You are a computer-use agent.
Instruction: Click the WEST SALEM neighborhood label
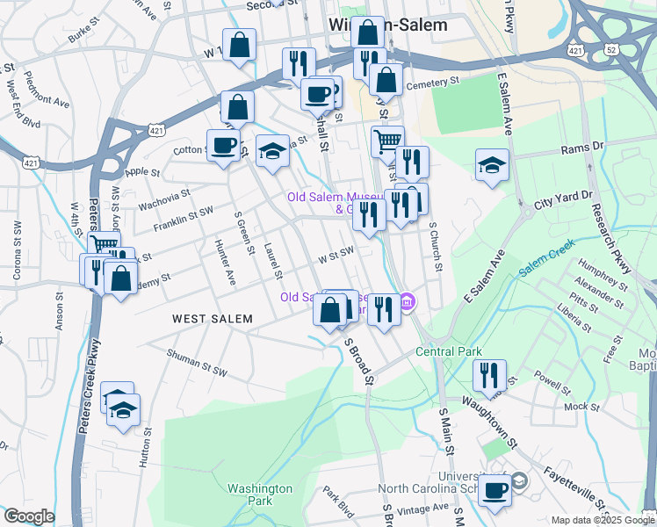[x=212, y=319]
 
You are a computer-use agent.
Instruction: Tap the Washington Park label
[x=259, y=495]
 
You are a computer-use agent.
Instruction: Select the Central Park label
[x=449, y=351]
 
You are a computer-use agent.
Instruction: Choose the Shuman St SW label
[x=197, y=362]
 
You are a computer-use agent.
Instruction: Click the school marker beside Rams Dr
[x=492, y=164]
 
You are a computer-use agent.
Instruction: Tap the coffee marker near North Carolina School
[x=495, y=489]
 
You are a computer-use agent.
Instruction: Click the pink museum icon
[x=407, y=304]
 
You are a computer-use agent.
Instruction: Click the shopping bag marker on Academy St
[x=120, y=278]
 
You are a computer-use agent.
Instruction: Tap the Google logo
[x=29, y=516]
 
